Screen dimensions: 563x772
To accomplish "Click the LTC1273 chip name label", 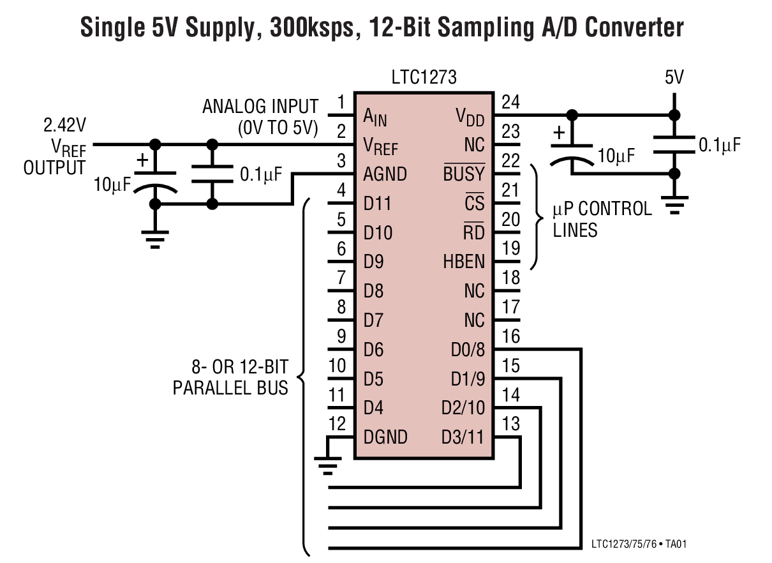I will tap(424, 78).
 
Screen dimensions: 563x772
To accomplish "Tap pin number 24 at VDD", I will tap(510, 102).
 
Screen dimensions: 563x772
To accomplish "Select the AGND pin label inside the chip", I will tap(385, 174).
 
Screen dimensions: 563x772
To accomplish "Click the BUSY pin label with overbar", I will tap(464, 174).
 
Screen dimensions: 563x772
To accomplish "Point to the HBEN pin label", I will tap(464, 262).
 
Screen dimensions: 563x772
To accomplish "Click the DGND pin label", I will tap(385, 438).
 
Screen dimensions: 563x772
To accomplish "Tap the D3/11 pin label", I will tap(463, 438).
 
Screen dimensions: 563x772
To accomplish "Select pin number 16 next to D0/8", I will tap(510, 336).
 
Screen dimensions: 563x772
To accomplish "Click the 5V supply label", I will tap(674, 78).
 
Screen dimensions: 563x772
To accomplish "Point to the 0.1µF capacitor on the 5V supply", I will tap(673, 144).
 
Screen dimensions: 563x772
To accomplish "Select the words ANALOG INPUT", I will tap(260, 106).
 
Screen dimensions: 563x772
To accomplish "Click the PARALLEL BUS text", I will tap(230, 387).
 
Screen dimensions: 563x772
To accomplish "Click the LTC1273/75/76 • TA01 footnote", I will tap(639, 544).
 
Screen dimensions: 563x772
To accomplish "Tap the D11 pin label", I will tap(378, 204).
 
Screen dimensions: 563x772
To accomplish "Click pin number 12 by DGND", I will tap(338, 423).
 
